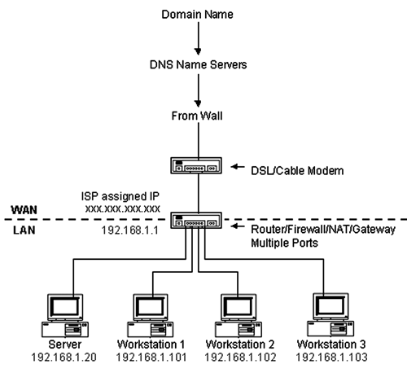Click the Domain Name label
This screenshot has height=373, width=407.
197,15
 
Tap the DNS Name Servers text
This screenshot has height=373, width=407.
198,64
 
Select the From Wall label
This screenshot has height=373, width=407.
197,116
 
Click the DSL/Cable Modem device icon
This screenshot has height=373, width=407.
196,165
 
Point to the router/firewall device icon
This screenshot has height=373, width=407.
196,220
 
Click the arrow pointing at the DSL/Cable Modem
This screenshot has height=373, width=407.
238,167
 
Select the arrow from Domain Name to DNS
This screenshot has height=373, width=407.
198,38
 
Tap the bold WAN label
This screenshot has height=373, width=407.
24,210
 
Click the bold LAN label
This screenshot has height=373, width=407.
24,230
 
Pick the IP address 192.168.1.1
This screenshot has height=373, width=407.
129,230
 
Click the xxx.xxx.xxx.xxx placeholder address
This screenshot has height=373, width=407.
123,209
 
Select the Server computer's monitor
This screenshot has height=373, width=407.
65,307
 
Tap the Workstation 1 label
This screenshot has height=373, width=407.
151,344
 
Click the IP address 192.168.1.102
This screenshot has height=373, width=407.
240,358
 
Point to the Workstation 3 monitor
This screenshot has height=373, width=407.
330,306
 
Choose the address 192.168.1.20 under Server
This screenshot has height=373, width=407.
64,358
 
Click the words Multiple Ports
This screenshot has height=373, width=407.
284,243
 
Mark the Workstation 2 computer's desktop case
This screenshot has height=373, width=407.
239,329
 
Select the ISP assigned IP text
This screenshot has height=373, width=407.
120,196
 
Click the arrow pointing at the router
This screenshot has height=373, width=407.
238,226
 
